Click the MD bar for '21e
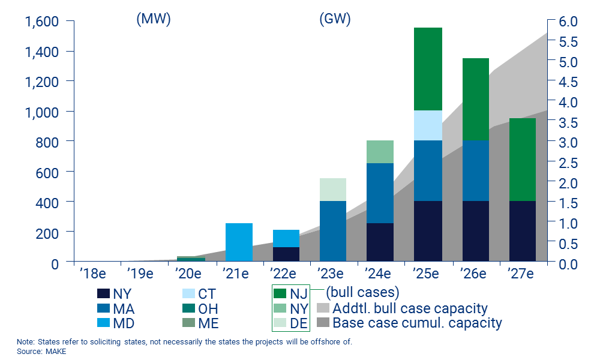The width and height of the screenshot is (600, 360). click(239, 242)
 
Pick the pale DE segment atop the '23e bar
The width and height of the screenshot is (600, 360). click(333, 190)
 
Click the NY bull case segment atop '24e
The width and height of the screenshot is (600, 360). click(380, 152)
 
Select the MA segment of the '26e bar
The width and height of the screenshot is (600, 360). click(475, 171)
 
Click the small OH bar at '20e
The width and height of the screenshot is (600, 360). click(191, 259)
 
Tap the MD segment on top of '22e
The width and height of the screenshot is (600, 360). click(286, 238)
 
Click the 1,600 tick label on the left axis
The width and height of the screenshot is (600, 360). click(41, 22)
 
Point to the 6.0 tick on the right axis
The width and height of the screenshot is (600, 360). click(567, 22)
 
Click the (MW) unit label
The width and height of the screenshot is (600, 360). click(154, 19)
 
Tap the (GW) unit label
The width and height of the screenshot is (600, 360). click(335, 19)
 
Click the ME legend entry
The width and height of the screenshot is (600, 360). click(201, 324)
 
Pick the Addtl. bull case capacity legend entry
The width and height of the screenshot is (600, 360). click(402, 308)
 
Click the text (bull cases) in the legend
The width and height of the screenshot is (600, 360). click(362, 293)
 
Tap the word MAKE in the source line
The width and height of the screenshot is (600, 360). click(55, 351)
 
